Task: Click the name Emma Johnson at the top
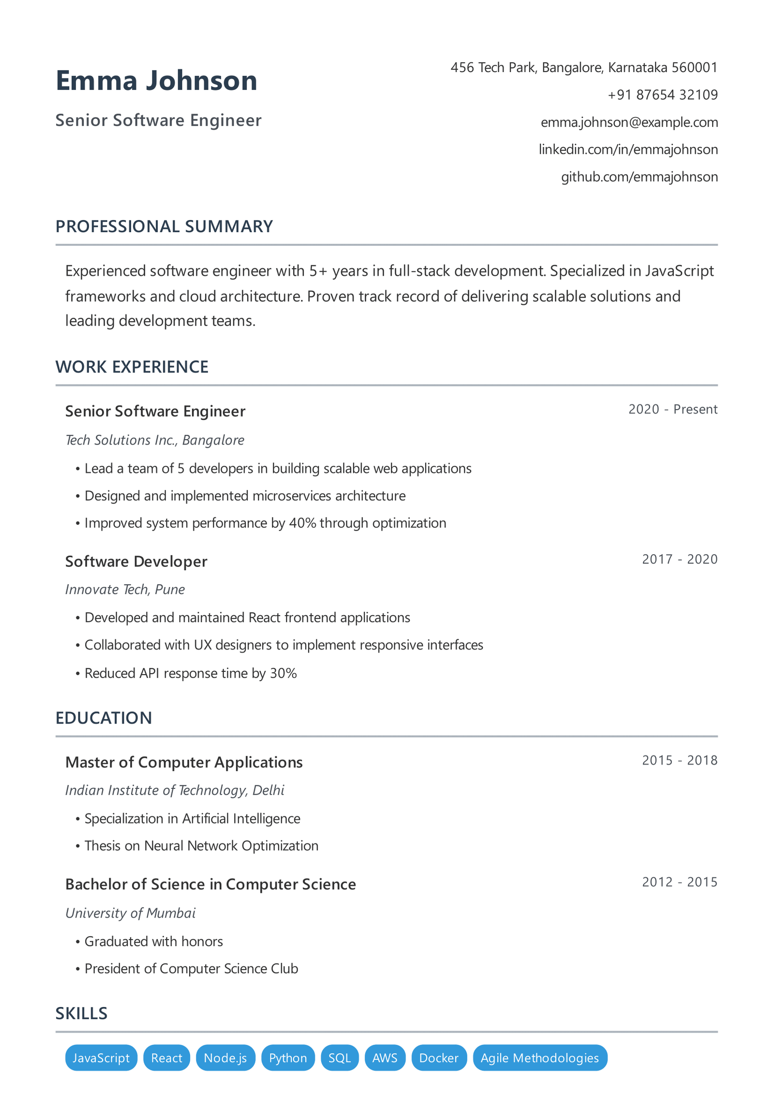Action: point(156,80)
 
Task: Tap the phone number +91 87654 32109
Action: point(662,95)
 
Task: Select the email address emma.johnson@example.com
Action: point(629,122)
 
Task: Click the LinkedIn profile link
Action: point(628,149)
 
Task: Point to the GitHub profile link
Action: point(639,177)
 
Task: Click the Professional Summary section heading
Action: point(164,226)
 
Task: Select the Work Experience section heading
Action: point(132,367)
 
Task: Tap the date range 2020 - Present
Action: point(672,410)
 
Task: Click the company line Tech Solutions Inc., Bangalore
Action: point(154,440)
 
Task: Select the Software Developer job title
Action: point(136,562)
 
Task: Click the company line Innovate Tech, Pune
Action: point(125,590)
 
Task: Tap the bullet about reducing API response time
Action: point(190,673)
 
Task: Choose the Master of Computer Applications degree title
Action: point(184,763)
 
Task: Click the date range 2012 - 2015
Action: point(679,882)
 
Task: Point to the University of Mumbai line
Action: point(130,913)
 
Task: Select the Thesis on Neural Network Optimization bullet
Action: point(201,846)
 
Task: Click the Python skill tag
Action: point(288,1058)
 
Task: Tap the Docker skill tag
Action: point(438,1058)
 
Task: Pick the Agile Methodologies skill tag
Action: point(539,1058)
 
